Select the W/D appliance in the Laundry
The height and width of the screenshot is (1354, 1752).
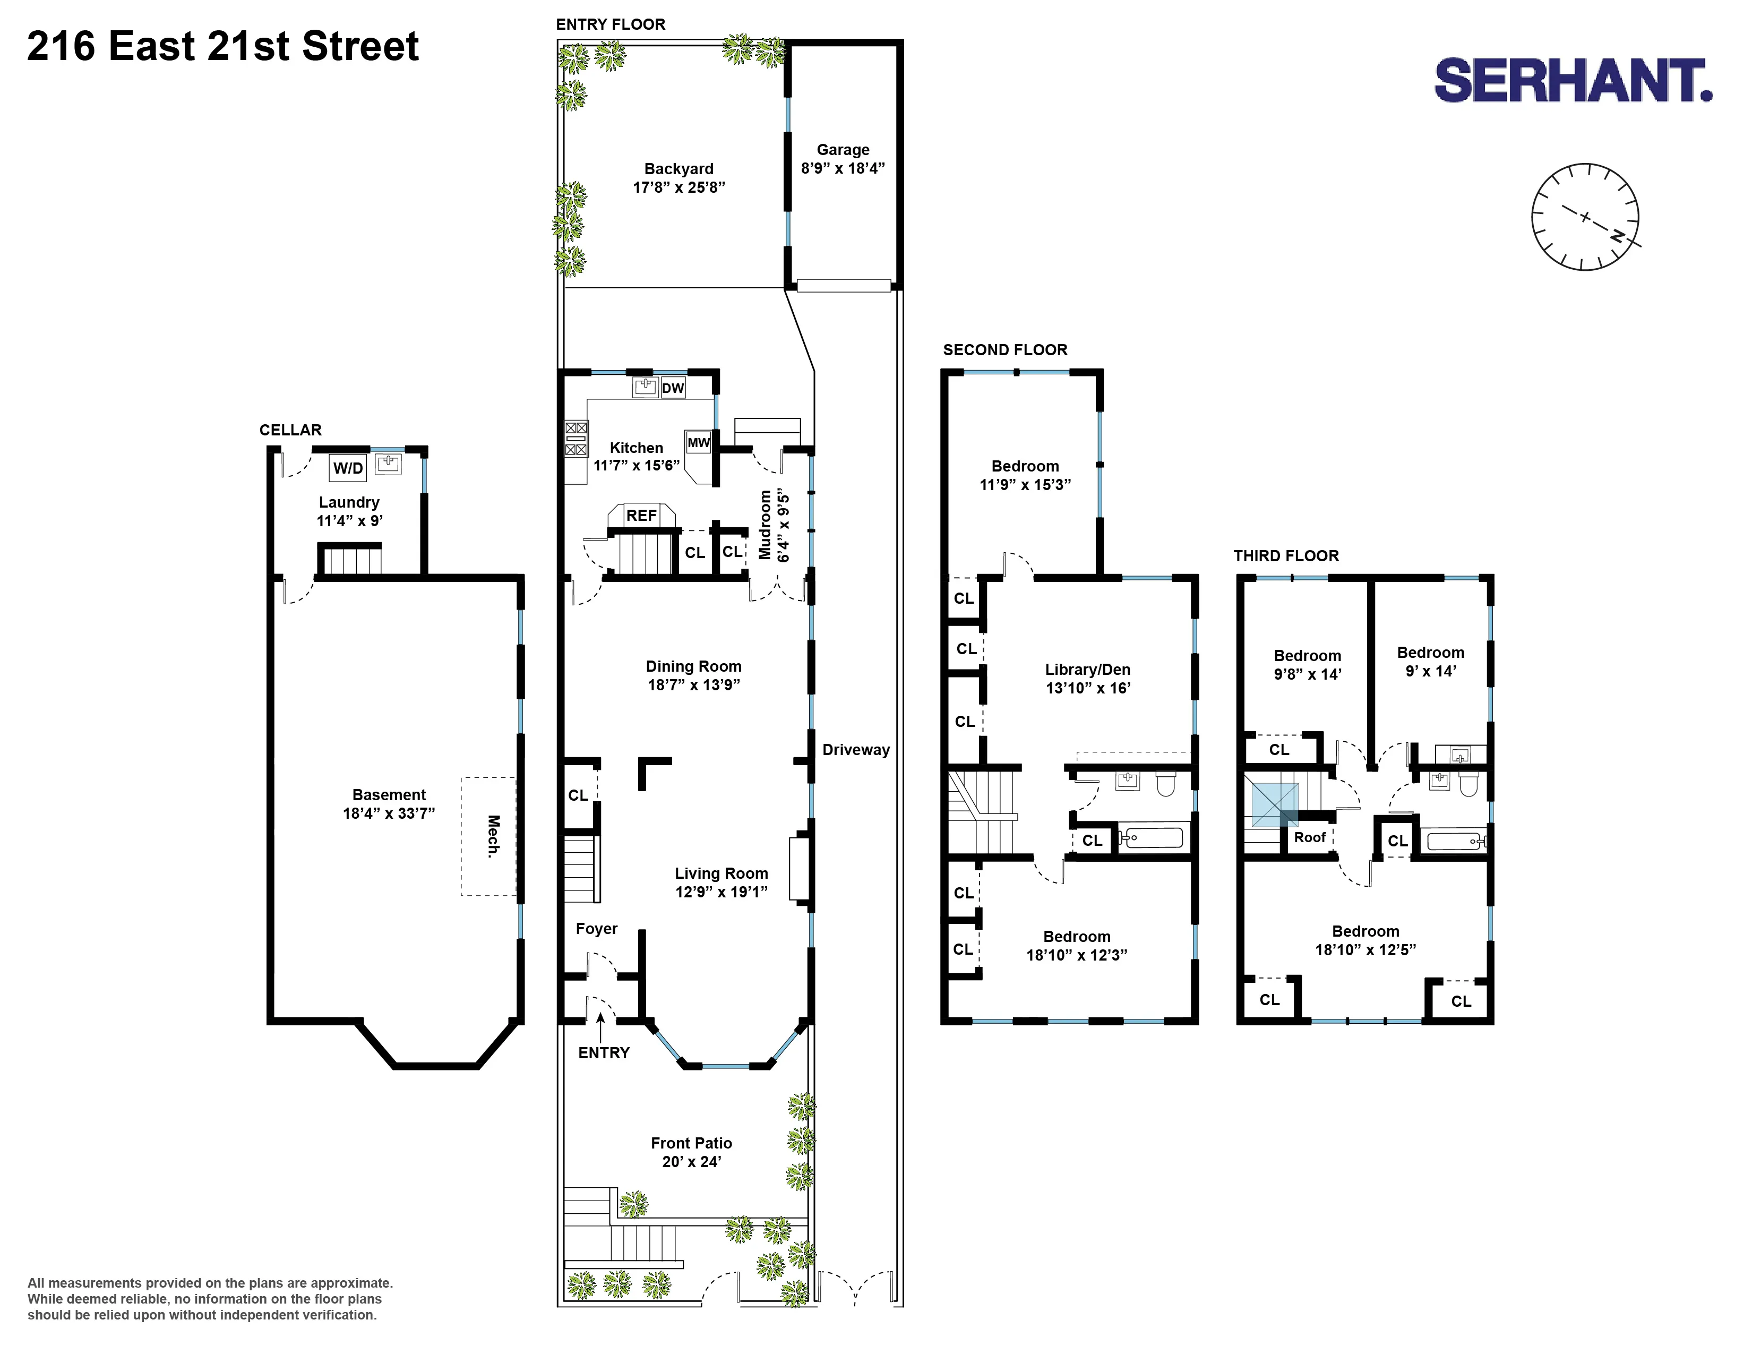348,468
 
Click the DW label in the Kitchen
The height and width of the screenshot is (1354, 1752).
672,388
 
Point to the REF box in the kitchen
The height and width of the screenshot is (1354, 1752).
641,515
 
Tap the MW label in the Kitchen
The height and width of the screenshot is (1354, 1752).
698,442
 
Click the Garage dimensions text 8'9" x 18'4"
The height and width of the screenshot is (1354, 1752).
843,168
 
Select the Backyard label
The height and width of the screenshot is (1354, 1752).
679,168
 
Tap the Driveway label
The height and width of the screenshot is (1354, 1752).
856,749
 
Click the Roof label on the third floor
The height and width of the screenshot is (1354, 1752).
1309,837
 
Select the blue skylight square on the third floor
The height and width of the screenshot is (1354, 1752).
1275,804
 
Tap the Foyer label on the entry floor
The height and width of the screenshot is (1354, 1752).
596,928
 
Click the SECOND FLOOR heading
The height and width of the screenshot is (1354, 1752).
1004,350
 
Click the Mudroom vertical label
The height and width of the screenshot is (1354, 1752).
765,525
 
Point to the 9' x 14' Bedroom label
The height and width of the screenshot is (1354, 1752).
1430,662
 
